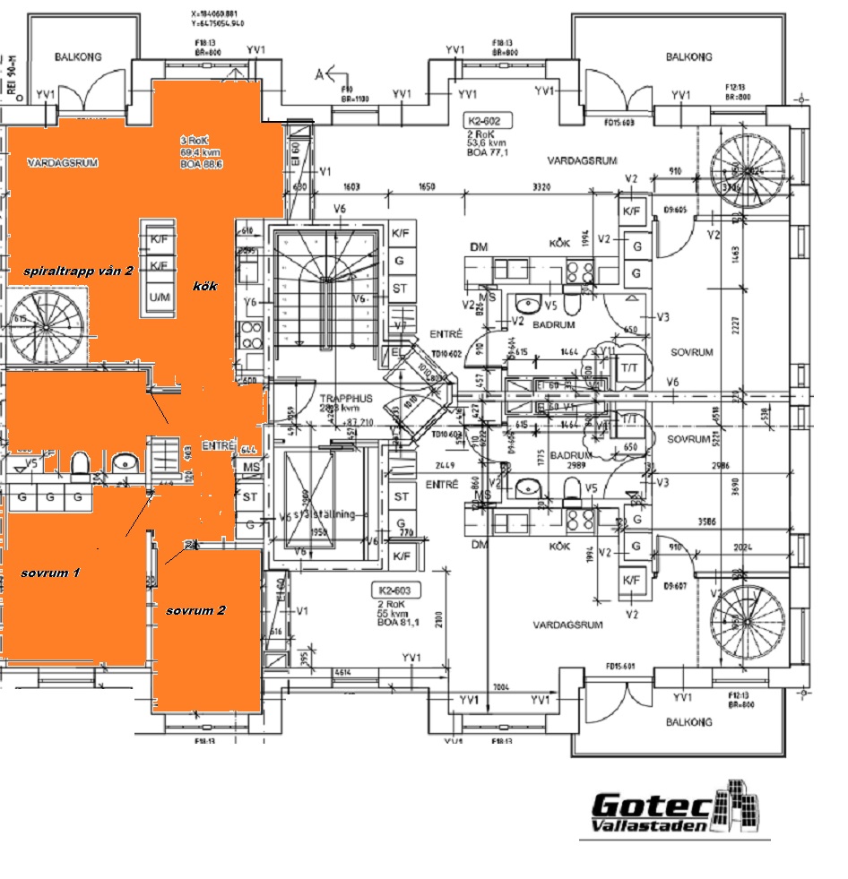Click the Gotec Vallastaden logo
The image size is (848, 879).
click(674, 811)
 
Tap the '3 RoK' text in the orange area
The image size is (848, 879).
click(196, 141)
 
